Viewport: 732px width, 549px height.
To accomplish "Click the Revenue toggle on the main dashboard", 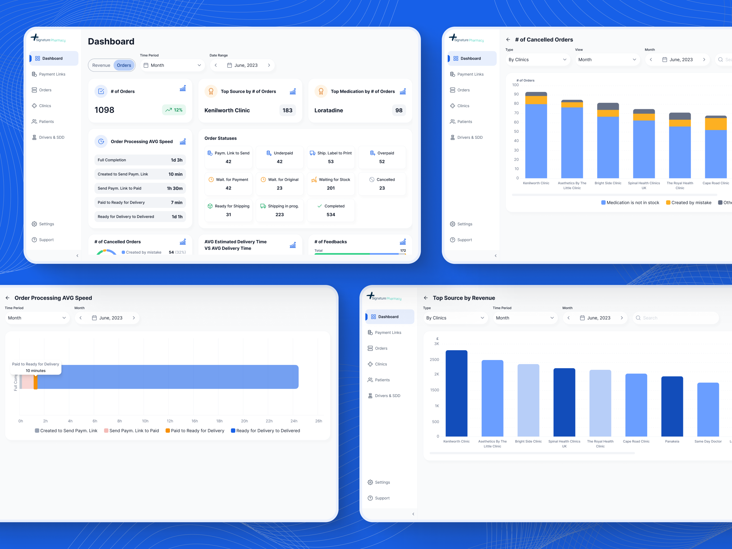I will coord(101,65).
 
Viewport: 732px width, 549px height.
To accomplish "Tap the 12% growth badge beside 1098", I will coord(174,110).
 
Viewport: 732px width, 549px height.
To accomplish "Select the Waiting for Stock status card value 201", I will coord(331,188).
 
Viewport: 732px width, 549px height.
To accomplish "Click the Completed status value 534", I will coord(331,214).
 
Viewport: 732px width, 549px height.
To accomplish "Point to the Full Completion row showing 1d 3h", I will coord(140,160).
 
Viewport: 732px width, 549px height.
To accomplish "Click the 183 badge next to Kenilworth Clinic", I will coord(287,110).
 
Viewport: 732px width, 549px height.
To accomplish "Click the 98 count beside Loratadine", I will coord(399,110).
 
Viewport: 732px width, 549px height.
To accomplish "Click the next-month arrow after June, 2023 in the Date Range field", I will coord(269,65).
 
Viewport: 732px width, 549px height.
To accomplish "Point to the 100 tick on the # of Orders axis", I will coord(515,85).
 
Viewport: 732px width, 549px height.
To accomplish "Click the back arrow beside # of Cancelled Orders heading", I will coord(508,40).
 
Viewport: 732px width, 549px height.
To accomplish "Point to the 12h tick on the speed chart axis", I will coord(170,421).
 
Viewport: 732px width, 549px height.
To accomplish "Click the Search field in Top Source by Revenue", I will coord(677,318).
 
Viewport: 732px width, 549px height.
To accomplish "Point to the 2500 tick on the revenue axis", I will coord(434,359).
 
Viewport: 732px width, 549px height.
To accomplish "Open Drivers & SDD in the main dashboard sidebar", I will coord(52,137).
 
